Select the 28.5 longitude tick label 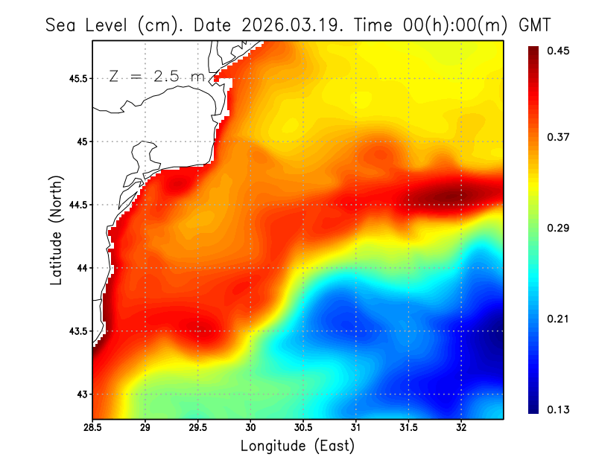coord(93,428)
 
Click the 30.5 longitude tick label coord(303,428)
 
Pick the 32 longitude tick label coord(461,428)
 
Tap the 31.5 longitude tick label coord(408,428)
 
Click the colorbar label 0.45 coord(559,51)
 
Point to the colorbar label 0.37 coord(559,137)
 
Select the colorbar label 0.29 coord(559,228)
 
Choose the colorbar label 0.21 coord(559,319)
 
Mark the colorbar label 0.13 coord(559,409)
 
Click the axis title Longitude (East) coord(297,446)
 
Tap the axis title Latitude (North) coord(57,229)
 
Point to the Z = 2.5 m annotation coord(155,76)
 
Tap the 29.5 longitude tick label coord(198,428)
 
